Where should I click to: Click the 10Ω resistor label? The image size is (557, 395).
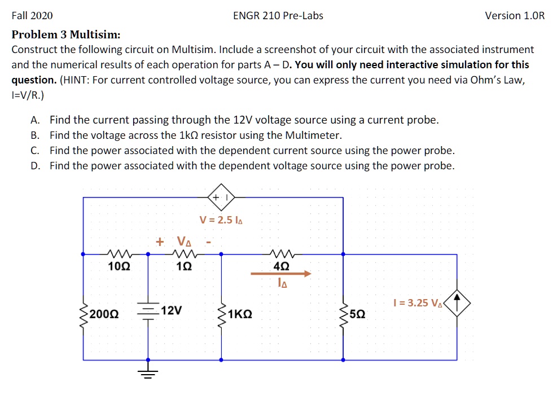119,266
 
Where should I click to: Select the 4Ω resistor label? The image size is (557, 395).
280,266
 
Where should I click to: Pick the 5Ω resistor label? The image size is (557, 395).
357,313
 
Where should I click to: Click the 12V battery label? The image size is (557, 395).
171,310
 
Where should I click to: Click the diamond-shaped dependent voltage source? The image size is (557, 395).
221,197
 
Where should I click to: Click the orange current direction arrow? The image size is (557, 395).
280,274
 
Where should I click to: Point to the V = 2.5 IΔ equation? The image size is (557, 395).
221,220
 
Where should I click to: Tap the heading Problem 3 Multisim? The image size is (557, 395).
66,34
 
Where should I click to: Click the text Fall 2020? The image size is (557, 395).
32,16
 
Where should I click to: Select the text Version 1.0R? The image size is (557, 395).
515,16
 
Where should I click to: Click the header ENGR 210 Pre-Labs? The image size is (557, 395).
278,16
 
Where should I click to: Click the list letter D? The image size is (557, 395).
35,166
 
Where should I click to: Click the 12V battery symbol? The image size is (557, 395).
148,312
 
